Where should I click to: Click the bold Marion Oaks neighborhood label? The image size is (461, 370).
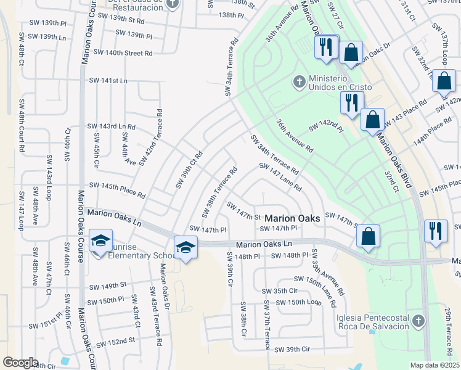click(x=292, y=218)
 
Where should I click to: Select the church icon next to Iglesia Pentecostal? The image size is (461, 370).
click(x=418, y=321)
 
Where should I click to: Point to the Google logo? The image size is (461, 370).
click(x=20, y=363)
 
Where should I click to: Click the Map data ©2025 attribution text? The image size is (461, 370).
click(x=434, y=365)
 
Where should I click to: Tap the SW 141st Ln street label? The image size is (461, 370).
click(x=108, y=81)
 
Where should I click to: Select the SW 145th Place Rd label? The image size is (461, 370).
click(x=117, y=190)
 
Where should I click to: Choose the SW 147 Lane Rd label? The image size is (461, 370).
click(x=280, y=176)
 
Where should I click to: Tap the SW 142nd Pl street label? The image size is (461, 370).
click(x=326, y=126)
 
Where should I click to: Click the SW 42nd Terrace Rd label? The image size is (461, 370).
click(x=151, y=138)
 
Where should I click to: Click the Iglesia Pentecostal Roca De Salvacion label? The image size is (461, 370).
click(x=369, y=322)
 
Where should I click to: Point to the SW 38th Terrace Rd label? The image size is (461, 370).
click(x=219, y=187)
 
